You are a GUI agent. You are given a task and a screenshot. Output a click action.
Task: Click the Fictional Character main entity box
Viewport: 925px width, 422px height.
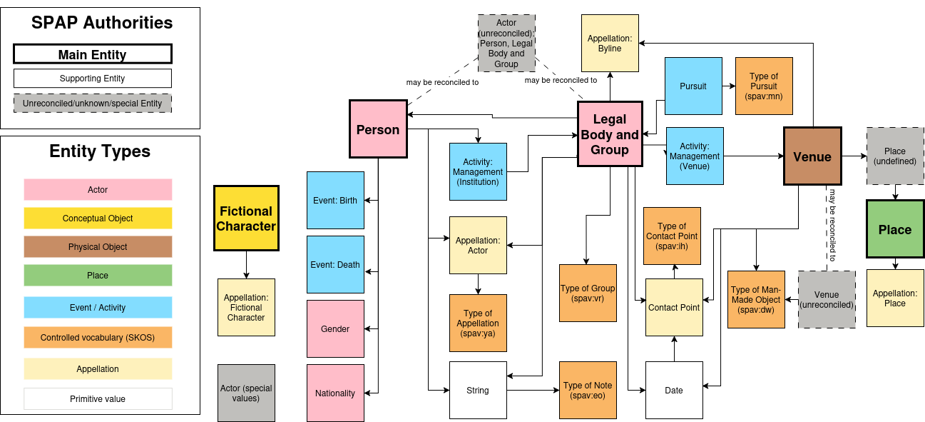pos(246,218)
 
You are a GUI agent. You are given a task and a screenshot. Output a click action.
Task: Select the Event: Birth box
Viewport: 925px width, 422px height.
pos(335,200)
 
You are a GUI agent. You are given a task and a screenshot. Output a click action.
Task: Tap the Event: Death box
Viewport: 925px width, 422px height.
pos(335,264)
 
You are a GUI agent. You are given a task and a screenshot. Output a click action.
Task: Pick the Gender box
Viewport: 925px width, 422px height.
pos(335,328)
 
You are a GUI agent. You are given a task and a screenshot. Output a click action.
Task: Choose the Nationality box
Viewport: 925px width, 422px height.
pos(335,393)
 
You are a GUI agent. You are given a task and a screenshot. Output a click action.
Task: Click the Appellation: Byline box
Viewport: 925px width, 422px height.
pos(610,44)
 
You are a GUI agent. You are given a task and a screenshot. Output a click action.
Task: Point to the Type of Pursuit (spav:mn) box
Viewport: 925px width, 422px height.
pos(764,86)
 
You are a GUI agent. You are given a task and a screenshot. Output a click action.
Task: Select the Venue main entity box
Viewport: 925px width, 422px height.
pos(812,156)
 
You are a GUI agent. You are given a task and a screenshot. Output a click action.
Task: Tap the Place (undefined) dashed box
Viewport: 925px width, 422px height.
pos(895,156)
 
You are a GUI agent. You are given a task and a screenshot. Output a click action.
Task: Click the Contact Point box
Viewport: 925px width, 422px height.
pos(674,307)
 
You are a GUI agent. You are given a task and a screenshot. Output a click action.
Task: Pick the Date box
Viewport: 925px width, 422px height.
pos(674,390)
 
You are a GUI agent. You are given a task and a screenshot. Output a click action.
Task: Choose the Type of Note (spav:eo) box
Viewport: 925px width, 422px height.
pos(588,390)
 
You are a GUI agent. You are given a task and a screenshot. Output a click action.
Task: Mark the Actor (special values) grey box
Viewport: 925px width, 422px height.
pos(246,393)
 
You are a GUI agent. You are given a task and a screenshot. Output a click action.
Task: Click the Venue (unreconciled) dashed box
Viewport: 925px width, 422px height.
pos(827,299)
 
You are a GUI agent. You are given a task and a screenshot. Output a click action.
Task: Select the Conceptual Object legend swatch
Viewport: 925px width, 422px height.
pos(98,218)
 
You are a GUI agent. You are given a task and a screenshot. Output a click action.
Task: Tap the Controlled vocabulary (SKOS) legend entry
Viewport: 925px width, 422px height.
pos(98,338)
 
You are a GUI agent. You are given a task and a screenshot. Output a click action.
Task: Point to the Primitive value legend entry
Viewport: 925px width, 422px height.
pos(98,398)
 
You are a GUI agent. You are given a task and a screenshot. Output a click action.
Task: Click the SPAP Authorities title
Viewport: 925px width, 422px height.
pos(101,23)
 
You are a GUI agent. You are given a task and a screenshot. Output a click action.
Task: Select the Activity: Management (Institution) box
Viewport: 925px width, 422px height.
pos(478,171)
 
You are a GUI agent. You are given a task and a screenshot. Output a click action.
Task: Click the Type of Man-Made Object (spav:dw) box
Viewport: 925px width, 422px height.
pos(756,299)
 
